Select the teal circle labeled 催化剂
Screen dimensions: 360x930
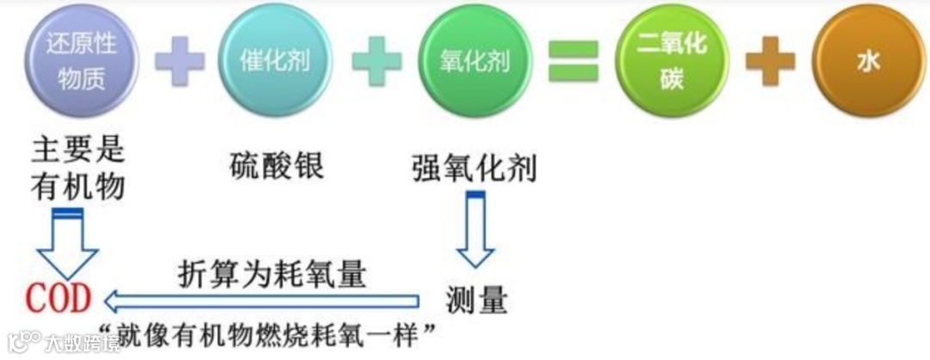(x=275, y=61)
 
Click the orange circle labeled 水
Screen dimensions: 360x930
(x=868, y=62)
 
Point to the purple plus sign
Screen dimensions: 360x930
(x=179, y=61)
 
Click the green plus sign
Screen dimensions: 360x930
(x=375, y=61)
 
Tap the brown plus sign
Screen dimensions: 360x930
(x=770, y=61)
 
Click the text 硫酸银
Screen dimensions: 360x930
(x=277, y=164)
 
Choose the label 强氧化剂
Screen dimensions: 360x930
(x=474, y=166)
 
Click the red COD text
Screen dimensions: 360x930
(x=58, y=300)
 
